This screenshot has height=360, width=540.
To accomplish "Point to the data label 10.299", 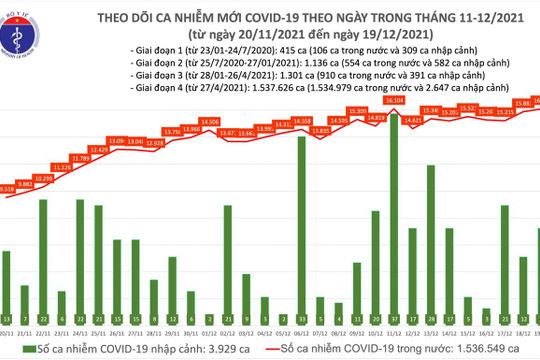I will (45, 176).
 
